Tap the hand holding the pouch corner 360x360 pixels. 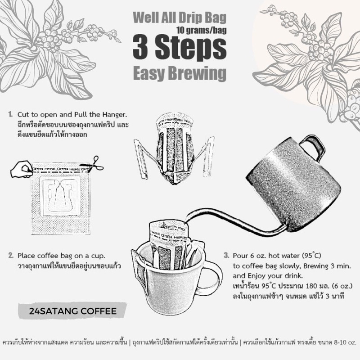22,169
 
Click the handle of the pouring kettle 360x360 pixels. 312,147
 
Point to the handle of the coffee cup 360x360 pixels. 212,277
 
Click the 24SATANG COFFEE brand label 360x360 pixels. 73,311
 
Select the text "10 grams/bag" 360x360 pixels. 201,30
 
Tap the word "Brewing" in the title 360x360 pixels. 197,73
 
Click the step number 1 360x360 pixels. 10,114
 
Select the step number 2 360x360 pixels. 10,256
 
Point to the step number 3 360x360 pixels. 226,256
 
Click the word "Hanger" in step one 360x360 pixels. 115,115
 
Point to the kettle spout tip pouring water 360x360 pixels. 185,221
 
